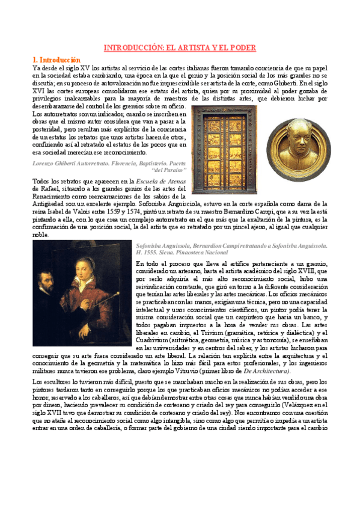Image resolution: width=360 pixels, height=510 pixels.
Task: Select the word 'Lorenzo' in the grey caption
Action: [44, 163]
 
